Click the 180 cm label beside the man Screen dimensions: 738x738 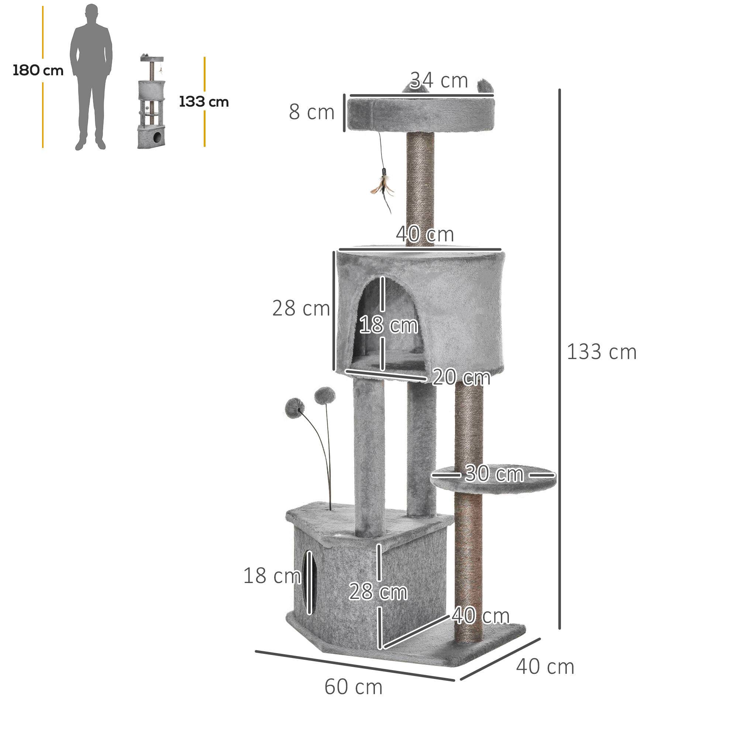click(x=38, y=71)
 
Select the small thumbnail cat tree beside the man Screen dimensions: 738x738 click(x=152, y=101)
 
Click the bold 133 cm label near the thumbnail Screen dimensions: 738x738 click(x=204, y=102)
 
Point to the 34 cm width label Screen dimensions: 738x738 click(x=439, y=80)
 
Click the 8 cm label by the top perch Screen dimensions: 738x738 click(x=311, y=112)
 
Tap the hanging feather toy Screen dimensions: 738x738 click(x=382, y=187)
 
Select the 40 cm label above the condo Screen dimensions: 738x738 click(x=425, y=234)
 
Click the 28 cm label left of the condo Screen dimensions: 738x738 click(x=301, y=308)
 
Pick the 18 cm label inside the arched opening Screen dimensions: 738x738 click(x=389, y=325)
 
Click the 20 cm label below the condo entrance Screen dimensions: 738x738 click(x=462, y=377)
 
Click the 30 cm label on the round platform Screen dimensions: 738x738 click(x=494, y=474)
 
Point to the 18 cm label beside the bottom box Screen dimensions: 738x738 click(x=272, y=576)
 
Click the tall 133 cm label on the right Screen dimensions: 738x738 click(x=601, y=352)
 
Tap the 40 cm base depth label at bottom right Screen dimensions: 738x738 click(x=545, y=667)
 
